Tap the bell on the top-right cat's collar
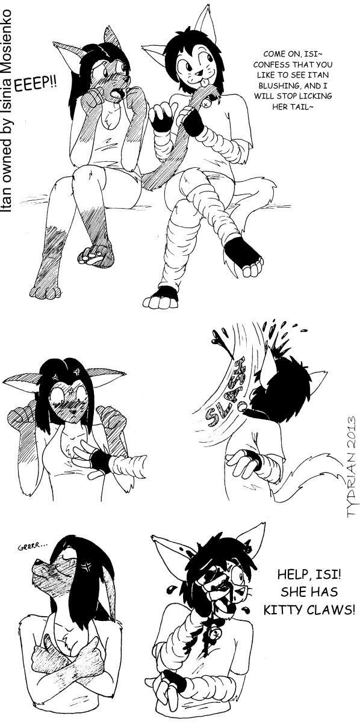(x=206, y=103)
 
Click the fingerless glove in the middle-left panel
(x=101, y=459)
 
